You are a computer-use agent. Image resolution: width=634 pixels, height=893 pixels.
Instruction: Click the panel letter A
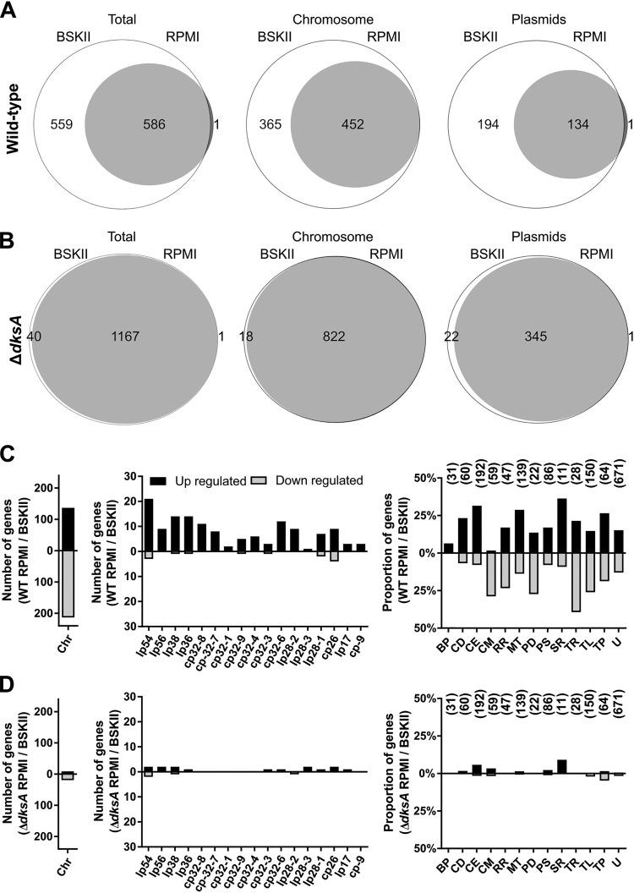[11, 11]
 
